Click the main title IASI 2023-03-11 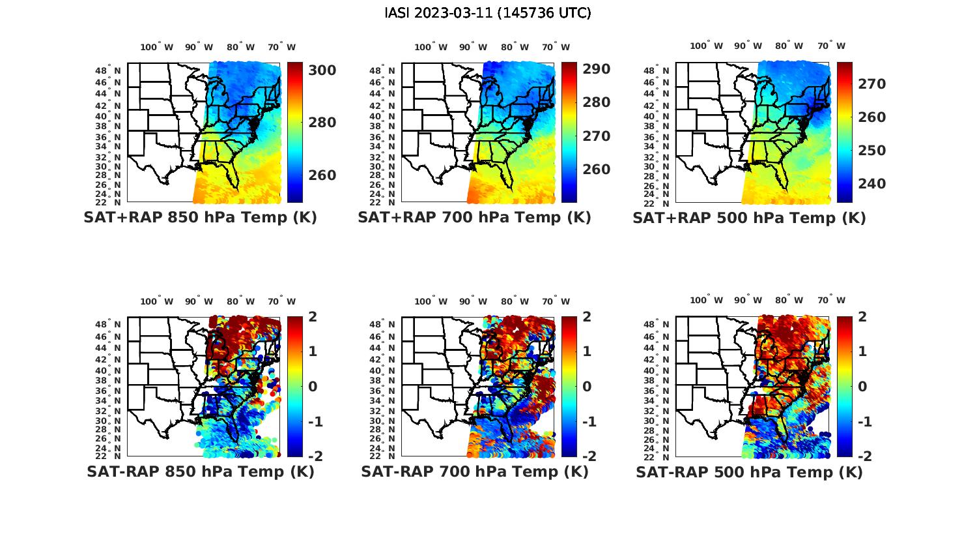click(x=488, y=13)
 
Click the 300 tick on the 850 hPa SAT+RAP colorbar click(x=321, y=70)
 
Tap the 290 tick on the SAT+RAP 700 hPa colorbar click(x=596, y=69)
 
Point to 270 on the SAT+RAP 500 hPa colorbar click(x=871, y=83)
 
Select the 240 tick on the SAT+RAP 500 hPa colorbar click(x=871, y=184)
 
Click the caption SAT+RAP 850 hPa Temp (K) click(x=200, y=217)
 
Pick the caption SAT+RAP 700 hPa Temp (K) click(x=474, y=217)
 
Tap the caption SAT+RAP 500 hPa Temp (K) click(x=749, y=218)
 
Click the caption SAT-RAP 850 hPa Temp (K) click(x=200, y=471)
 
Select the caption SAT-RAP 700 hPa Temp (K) click(x=474, y=471)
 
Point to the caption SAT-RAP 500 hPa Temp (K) click(x=749, y=472)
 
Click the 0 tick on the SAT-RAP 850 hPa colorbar click(x=312, y=386)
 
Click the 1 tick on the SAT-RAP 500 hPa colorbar click(x=862, y=351)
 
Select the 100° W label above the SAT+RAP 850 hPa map click(x=157, y=47)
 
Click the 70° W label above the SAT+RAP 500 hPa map click(x=832, y=46)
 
